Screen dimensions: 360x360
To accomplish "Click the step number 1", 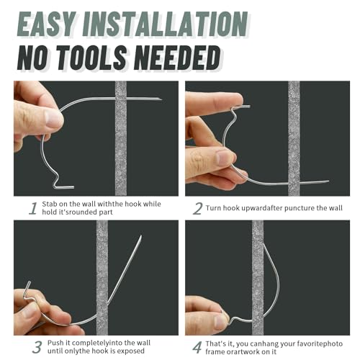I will pos(32,208).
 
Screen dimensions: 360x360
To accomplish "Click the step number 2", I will pos(197,208).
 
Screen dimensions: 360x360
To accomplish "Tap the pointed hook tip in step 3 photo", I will pos(141,237).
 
